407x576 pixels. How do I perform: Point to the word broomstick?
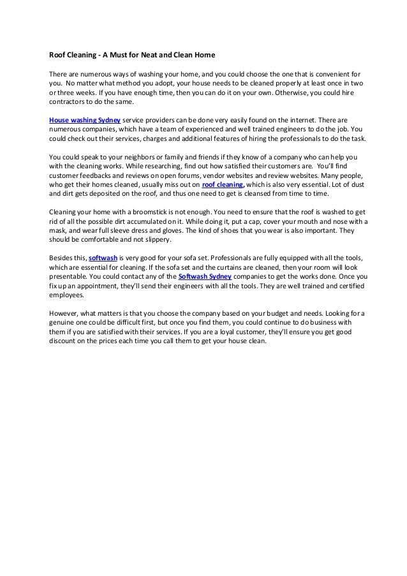pyautogui.click(x=152, y=212)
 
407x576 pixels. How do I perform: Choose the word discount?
pyautogui.click(x=68, y=340)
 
